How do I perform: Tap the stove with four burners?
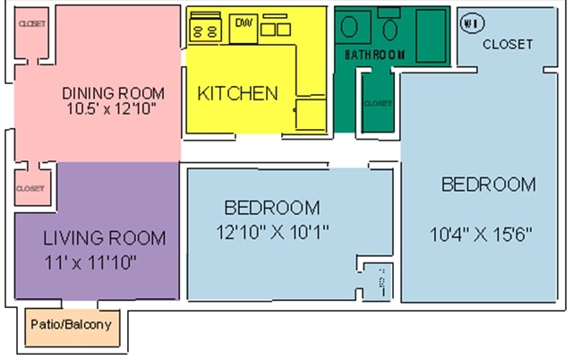[x=205, y=29]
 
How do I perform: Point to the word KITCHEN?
[x=237, y=93]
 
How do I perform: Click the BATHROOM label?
[x=374, y=55]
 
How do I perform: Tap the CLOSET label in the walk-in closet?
[x=508, y=44]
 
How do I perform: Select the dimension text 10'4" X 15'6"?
[x=481, y=235]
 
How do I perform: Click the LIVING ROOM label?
[x=105, y=238]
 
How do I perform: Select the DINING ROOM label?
[x=113, y=93]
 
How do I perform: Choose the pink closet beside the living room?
[x=30, y=188]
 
